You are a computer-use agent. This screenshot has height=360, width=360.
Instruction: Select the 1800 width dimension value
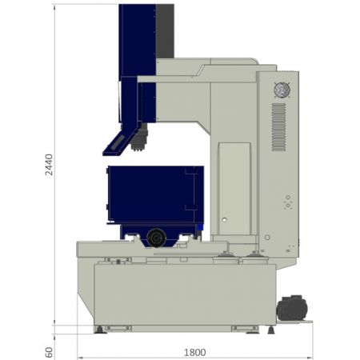[x=194, y=351]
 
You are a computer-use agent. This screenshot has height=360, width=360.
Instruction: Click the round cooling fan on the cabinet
[x=280, y=91]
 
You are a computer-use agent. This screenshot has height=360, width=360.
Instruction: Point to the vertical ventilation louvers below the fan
[x=278, y=126]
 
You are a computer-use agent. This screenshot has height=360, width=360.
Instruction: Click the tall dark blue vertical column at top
[x=136, y=40]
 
